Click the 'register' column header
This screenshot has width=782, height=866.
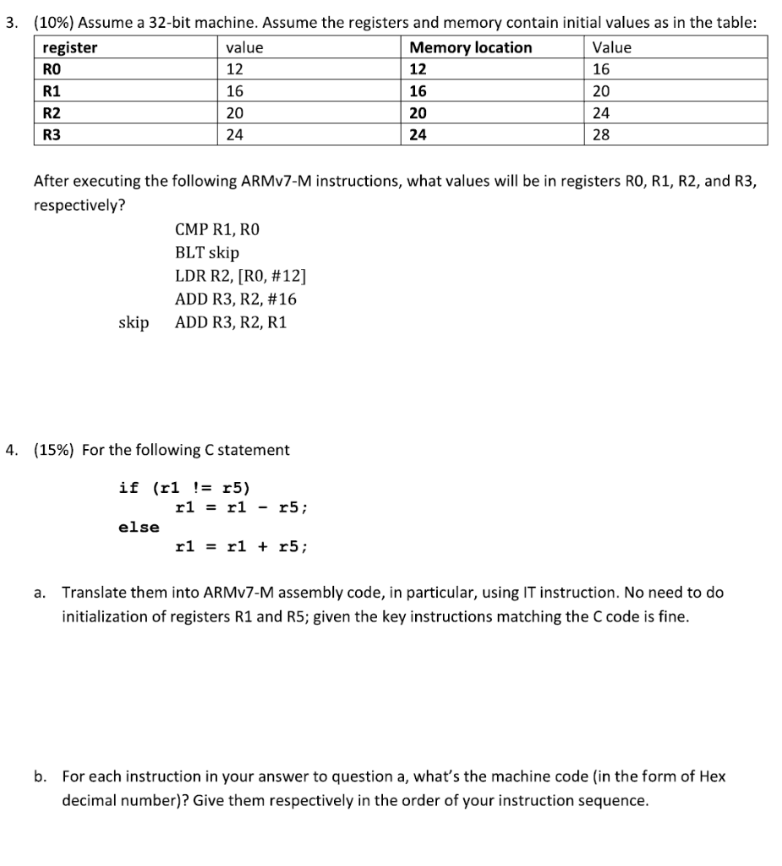click(70, 48)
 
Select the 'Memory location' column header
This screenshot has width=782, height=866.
click(470, 48)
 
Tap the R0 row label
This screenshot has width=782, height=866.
click(52, 69)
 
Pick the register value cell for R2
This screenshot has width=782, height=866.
click(236, 112)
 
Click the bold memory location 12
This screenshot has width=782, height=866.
click(417, 69)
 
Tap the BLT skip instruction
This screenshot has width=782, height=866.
click(207, 253)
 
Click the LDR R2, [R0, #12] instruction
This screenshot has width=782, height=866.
click(241, 276)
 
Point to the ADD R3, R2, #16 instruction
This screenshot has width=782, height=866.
click(236, 299)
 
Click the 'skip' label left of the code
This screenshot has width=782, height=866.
click(134, 322)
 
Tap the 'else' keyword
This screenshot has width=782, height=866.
click(139, 527)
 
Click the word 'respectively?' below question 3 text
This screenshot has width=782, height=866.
click(79, 206)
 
